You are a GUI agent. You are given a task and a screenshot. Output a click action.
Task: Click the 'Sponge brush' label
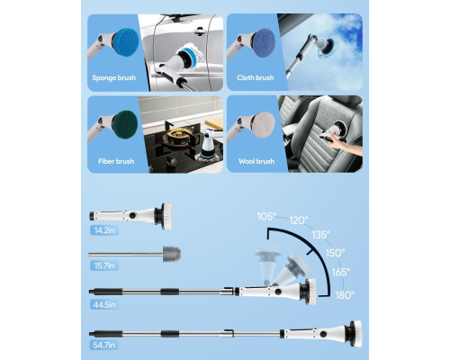(114, 78)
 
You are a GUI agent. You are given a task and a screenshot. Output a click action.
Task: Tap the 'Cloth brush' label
(256, 77)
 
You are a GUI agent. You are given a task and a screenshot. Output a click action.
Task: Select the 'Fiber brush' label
(116, 161)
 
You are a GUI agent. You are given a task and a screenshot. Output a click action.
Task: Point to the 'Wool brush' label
(256, 161)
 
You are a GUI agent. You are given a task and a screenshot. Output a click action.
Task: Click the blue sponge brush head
(126, 41)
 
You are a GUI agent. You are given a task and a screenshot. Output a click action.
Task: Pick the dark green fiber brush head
(125, 124)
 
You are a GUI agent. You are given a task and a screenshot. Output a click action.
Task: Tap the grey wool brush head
(264, 125)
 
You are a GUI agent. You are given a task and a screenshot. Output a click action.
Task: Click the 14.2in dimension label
(104, 230)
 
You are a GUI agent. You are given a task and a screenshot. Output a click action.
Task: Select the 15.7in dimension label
(104, 265)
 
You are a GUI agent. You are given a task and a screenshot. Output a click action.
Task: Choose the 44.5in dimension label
(104, 305)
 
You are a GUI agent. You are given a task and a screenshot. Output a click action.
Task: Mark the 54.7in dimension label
(103, 345)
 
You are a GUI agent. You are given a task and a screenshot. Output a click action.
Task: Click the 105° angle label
(266, 216)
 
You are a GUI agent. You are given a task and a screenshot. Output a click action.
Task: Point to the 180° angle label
(345, 295)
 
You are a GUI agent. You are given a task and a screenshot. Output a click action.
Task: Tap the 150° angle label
(335, 253)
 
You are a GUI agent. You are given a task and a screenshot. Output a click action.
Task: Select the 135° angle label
(320, 234)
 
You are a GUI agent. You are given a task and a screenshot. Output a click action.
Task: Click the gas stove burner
(176, 137)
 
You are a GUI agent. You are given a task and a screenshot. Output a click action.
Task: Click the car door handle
(199, 30)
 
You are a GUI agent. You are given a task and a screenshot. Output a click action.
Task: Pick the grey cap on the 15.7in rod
(172, 254)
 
